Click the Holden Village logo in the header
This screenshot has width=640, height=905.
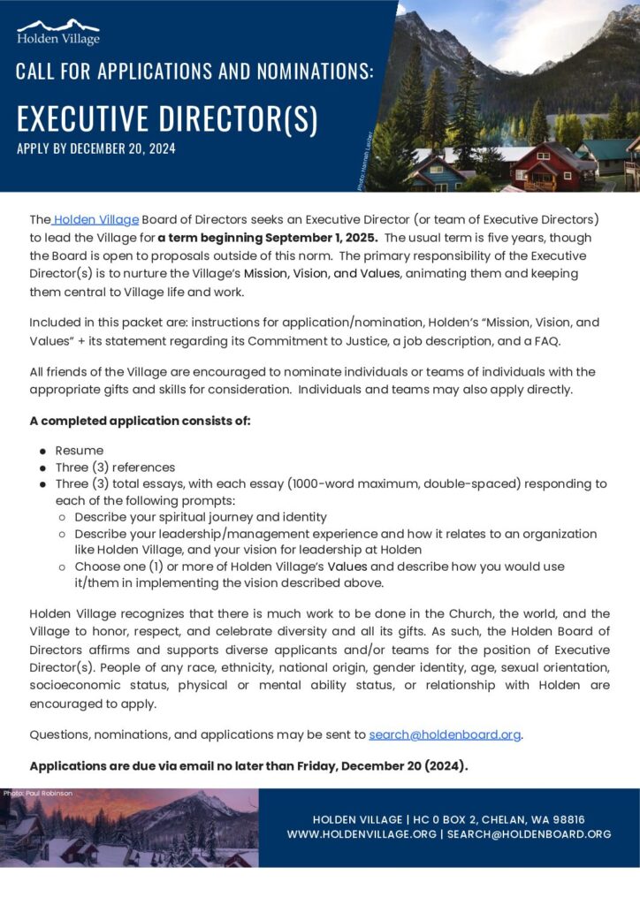click(58, 32)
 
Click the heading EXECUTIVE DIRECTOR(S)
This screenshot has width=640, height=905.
click(167, 118)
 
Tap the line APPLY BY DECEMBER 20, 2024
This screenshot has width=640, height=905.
click(96, 148)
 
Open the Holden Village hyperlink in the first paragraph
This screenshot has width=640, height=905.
click(97, 219)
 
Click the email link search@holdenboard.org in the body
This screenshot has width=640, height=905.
click(445, 734)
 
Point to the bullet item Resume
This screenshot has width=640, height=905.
click(80, 451)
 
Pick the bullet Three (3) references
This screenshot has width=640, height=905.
click(115, 468)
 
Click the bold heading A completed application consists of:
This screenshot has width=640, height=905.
click(141, 421)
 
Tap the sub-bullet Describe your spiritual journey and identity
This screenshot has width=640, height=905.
click(201, 517)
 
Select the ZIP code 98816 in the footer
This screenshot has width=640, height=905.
click(567, 819)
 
